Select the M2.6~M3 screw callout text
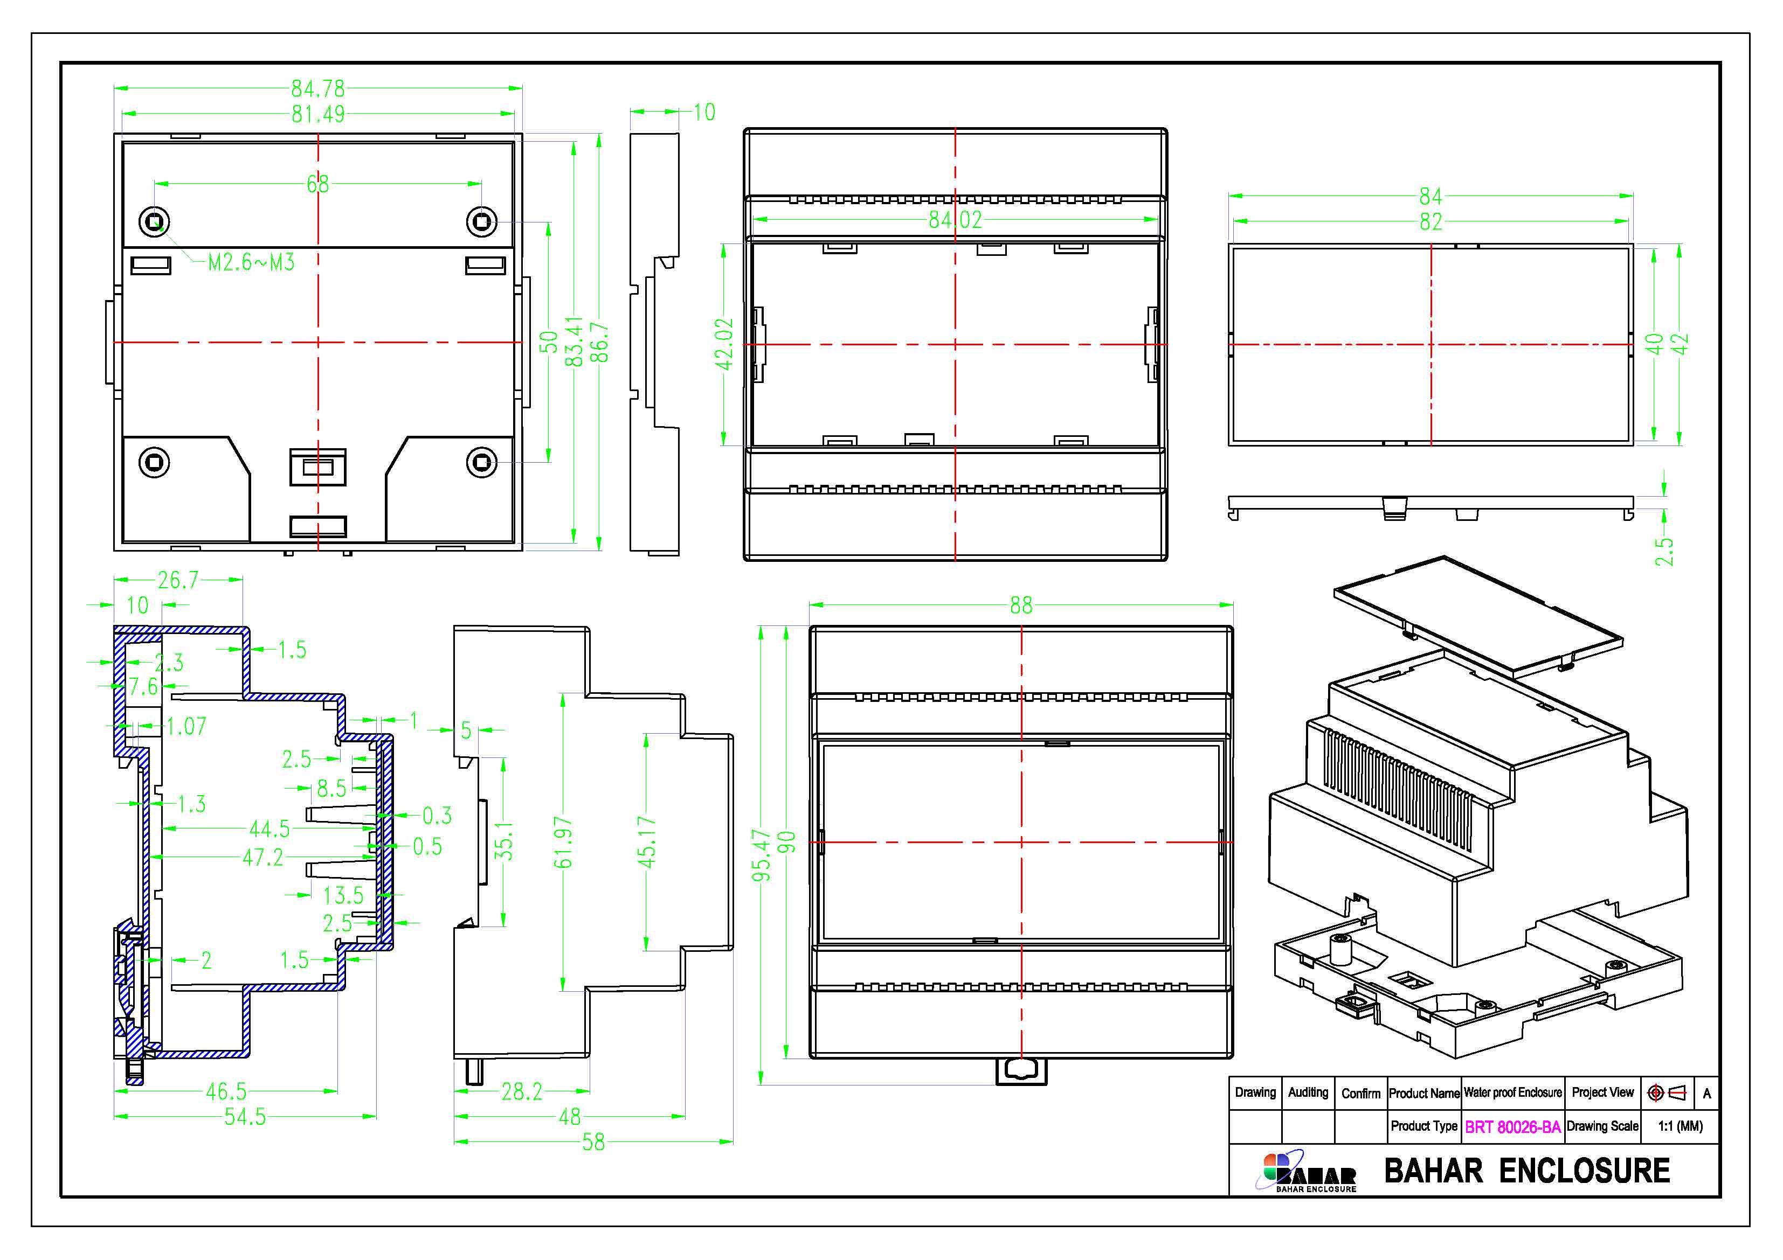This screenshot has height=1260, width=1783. (251, 262)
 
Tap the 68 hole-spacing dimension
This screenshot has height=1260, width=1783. (317, 184)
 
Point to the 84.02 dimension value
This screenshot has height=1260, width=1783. (955, 220)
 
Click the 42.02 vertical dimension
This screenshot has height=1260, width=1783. (724, 344)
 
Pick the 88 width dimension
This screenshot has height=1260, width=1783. (1021, 605)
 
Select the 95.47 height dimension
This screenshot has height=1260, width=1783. (761, 855)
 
